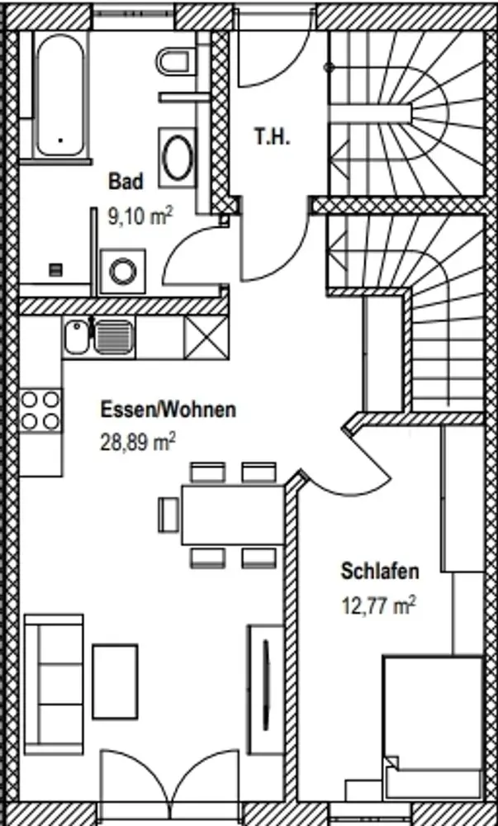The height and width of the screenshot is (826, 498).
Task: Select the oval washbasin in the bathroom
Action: click(178, 154)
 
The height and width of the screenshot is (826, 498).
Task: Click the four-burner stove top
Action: click(40, 411)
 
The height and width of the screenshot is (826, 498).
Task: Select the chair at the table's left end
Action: click(169, 514)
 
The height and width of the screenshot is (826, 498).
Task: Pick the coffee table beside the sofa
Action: click(115, 680)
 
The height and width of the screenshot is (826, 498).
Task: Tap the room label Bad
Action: click(126, 180)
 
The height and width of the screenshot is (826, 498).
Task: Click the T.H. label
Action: click(272, 137)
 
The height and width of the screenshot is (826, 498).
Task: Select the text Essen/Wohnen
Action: click(168, 409)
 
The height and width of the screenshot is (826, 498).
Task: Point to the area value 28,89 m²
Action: click(137, 442)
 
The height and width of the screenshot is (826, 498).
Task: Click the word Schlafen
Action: click(380, 571)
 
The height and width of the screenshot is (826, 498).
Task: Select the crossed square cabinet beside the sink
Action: click(206, 337)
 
